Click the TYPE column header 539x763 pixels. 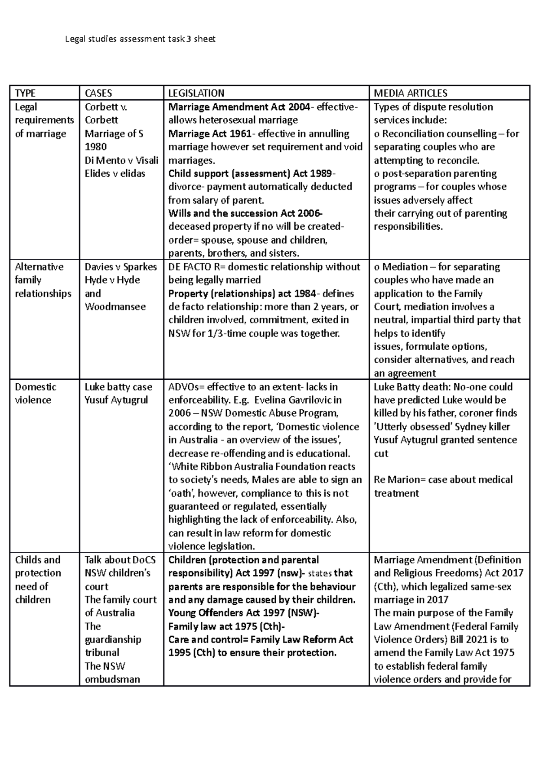[25, 93]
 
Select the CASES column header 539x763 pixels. [98, 93]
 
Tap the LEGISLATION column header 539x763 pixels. [196, 93]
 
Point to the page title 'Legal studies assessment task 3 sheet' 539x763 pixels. [140, 39]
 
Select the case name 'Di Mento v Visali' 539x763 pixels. [121, 160]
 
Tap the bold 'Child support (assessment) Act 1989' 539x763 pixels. [250, 173]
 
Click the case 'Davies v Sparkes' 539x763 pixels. [121, 266]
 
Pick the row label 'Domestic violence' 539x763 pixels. [35, 393]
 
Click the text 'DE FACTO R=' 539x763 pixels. [198, 266]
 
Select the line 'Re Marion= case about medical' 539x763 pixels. [443, 479]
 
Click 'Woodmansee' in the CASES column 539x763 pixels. [115, 306]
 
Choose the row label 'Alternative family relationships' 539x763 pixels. [43, 280]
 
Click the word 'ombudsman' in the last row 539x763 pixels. [112, 679]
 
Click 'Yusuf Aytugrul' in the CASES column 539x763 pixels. [116, 400]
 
